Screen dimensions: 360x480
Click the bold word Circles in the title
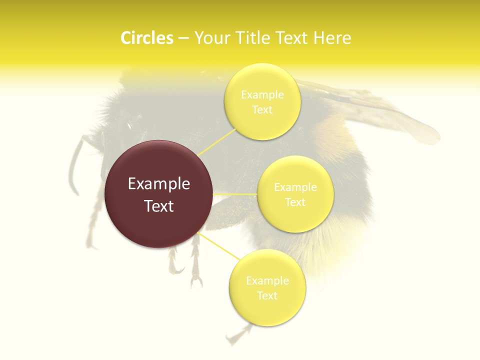pos(146,38)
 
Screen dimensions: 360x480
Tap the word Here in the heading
pos(332,38)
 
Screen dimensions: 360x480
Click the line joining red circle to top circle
pos(217,142)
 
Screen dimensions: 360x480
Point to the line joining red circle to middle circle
pos(235,193)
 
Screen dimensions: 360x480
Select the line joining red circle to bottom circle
pos(220,246)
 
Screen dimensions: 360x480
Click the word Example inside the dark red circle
pos(159,184)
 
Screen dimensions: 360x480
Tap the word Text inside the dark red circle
pos(159,206)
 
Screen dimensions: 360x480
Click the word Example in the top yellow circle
pos(262,94)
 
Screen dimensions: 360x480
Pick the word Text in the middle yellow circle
pos(295,202)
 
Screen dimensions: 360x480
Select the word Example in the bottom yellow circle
pos(267,280)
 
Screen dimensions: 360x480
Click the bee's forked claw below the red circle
pos(195,280)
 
